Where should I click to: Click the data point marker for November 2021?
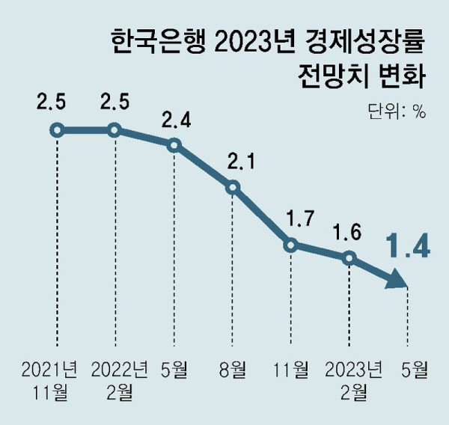[x=56, y=130]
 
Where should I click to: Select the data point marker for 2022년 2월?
[x=114, y=130]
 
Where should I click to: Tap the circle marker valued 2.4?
[x=174, y=145]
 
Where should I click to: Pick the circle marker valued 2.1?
[x=233, y=187]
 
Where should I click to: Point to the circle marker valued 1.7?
[x=291, y=244]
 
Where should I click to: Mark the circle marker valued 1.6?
[x=349, y=258]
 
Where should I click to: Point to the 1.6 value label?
[x=349, y=231]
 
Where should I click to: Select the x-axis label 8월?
[x=232, y=369]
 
